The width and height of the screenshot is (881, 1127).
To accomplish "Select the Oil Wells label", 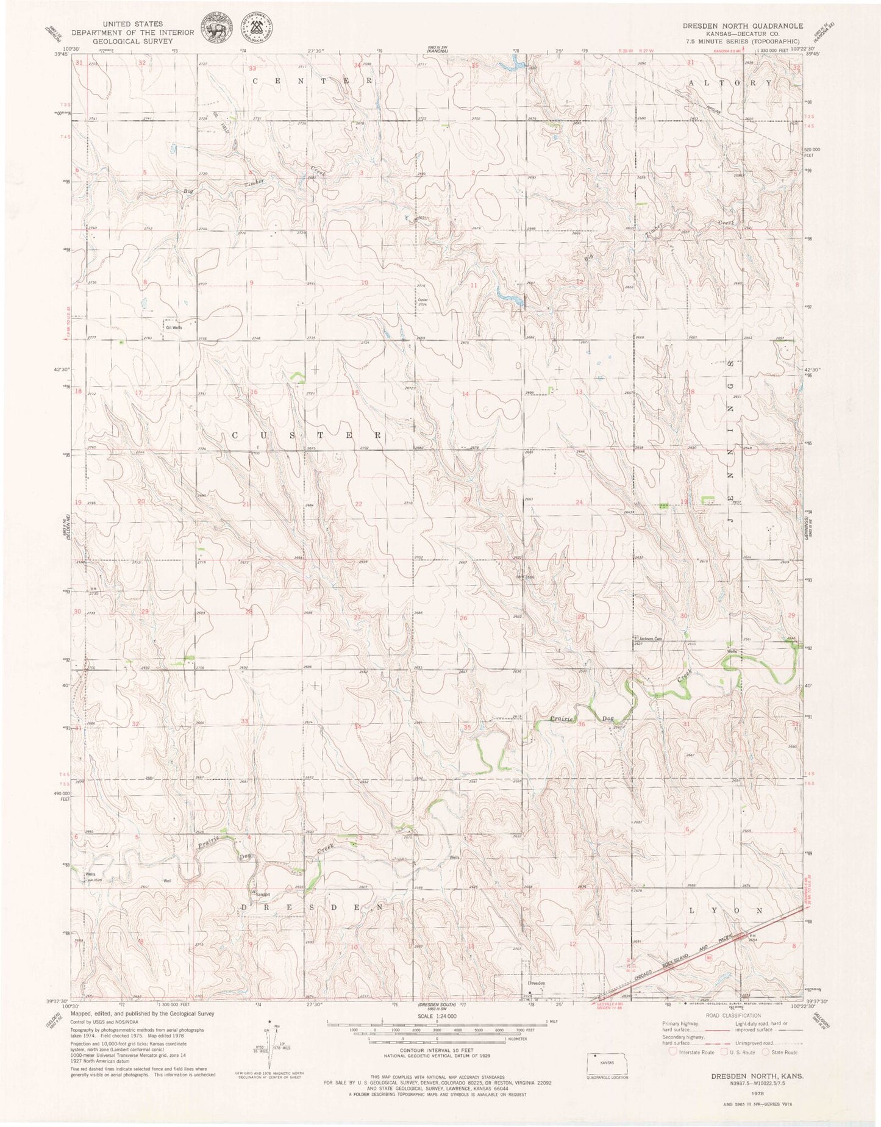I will [x=174, y=327].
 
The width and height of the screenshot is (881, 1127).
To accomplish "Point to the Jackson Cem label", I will [x=649, y=639].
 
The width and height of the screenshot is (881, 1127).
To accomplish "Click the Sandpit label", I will [x=262, y=895].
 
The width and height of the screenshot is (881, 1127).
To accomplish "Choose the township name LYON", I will [x=726, y=910].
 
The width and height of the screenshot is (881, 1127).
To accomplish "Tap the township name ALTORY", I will [x=730, y=82].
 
